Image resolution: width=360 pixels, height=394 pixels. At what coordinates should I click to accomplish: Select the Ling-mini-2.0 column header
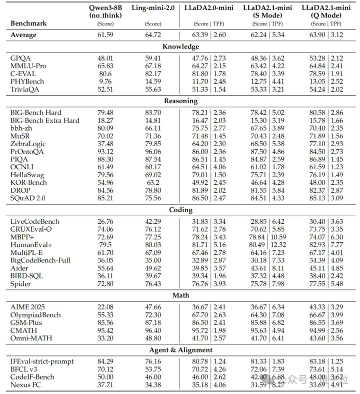pyautogui.click(x=153, y=9)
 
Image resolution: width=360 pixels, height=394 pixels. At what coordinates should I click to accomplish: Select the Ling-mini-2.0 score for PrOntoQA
pyautogui.click(x=153, y=152)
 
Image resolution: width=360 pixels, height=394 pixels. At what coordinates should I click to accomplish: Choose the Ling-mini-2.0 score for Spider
pyautogui.click(x=153, y=284)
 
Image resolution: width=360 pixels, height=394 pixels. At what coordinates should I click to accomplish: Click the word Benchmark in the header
pyautogui.click(x=29, y=23)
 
